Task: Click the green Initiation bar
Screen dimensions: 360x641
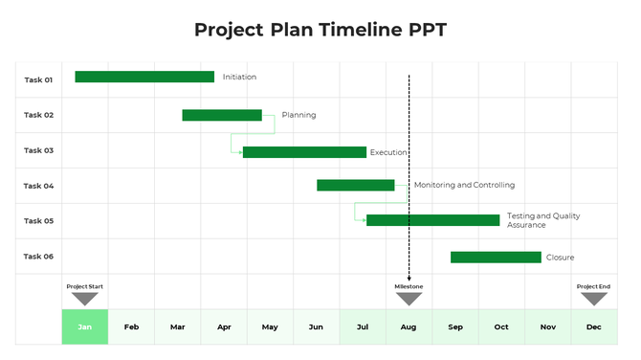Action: [144, 77]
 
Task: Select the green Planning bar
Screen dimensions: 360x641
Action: [222, 115]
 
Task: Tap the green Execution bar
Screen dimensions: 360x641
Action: [304, 151]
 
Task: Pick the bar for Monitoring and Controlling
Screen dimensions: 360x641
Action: [355, 185]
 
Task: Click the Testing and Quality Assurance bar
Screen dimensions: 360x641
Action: [432, 220]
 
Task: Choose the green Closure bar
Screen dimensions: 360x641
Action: [496, 257]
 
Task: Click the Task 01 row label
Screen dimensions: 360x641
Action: [38, 79]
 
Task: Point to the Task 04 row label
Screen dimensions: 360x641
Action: [38, 186]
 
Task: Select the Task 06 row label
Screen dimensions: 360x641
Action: [38, 257]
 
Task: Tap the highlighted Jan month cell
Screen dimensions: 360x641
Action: [85, 327]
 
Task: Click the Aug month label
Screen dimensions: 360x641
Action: [409, 327]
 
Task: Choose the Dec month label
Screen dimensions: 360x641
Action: [593, 327]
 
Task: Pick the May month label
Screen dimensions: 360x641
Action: [270, 327]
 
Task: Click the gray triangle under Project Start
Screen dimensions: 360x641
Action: [85, 299]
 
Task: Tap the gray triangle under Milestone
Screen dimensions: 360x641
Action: [409, 299]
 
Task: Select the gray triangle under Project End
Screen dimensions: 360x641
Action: [593, 299]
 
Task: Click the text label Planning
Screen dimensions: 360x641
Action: [298, 115]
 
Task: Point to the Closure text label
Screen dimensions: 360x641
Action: [560, 258]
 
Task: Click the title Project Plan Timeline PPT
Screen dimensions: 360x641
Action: [320, 30]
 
